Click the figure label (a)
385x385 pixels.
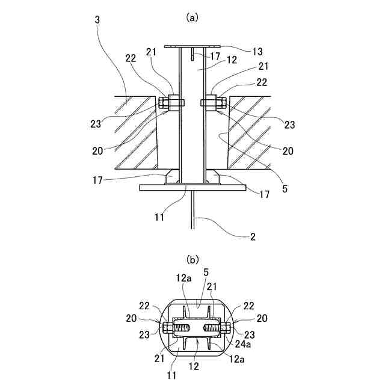click(x=192, y=18)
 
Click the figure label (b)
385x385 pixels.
click(x=192, y=260)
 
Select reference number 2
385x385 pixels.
click(x=253, y=236)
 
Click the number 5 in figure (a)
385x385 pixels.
click(x=285, y=188)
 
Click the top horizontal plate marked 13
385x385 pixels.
click(x=192, y=46)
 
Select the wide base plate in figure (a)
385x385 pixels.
click(x=192, y=188)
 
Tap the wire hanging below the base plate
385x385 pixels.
click(x=192, y=211)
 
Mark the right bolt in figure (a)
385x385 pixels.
click(x=209, y=103)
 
